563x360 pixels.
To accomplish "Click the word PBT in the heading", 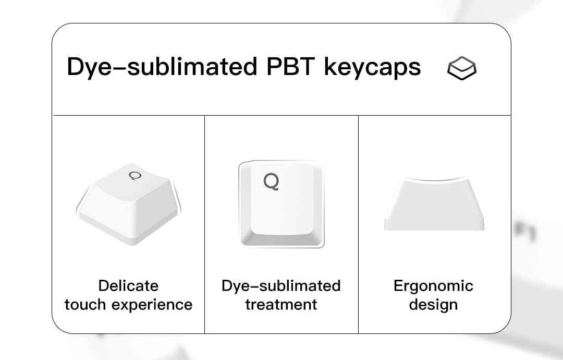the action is [x=290, y=66].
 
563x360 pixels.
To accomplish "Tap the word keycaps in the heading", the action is [x=372, y=67].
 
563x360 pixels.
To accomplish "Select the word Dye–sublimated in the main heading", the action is [x=162, y=67].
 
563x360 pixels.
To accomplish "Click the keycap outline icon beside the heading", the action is [x=462, y=68].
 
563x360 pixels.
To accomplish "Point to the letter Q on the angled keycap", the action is [x=136, y=176].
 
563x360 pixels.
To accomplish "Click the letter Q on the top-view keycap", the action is [x=271, y=182].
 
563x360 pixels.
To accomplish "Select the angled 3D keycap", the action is [x=129, y=205].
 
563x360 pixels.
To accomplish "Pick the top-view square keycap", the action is [x=281, y=204].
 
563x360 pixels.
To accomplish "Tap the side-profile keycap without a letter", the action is [x=434, y=203].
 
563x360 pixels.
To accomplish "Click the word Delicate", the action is [x=128, y=285].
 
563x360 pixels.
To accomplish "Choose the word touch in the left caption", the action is [x=85, y=304].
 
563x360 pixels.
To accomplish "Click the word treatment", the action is [x=281, y=304].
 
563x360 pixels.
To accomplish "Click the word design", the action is [x=433, y=305].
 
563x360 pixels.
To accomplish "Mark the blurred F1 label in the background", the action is [x=525, y=231].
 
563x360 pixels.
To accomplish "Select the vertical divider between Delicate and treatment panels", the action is [x=205, y=225].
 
